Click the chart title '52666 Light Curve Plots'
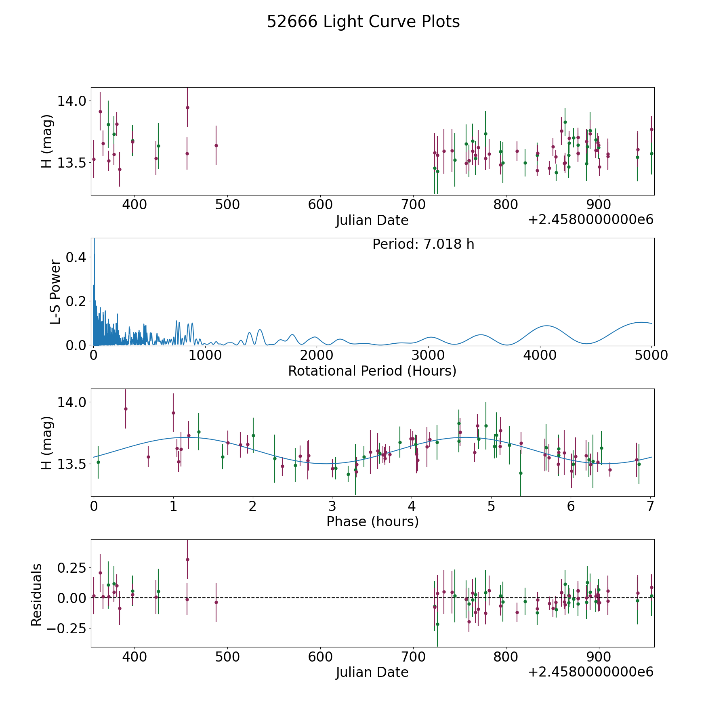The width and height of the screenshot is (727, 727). tap(363, 22)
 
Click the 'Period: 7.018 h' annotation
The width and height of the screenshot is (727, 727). tap(423, 244)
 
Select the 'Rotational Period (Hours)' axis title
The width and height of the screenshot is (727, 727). tap(372, 371)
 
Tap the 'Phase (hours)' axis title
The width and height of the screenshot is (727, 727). tap(372, 521)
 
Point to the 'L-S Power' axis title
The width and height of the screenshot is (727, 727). tap(55, 292)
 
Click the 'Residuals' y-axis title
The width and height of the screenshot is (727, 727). tap(37, 595)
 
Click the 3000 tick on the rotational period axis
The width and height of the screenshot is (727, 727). tap(428, 355)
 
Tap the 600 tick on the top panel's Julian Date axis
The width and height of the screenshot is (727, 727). tap(320, 205)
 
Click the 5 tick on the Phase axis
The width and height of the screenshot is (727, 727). tap(491, 506)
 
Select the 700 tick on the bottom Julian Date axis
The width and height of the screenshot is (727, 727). tap(413, 657)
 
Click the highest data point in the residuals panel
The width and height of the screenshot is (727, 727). tap(187, 559)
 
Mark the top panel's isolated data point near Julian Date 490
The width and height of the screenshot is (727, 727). tap(216, 145)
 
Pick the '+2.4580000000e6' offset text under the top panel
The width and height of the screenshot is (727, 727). tap(590, 220)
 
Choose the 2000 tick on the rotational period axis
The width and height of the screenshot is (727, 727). tap(317, 355)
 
